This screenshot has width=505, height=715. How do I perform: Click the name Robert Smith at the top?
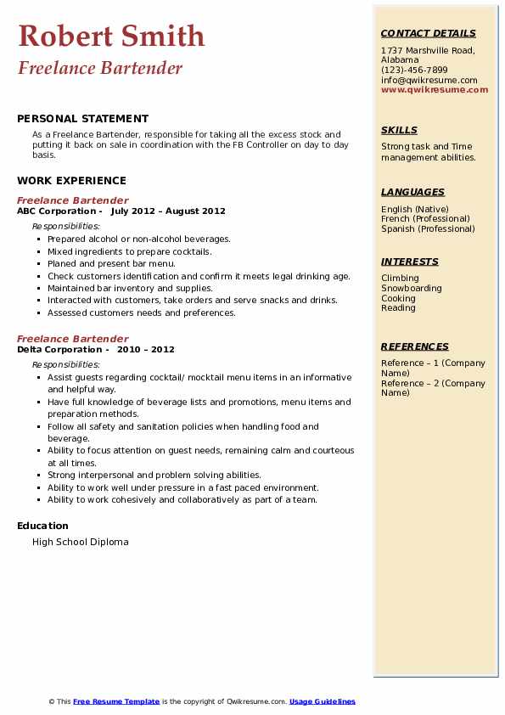click(111, 37)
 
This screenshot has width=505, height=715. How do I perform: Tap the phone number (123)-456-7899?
click(414, 70)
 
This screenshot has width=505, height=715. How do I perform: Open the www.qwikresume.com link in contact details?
click(435, 89)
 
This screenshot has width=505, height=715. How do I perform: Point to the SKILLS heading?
click(399, 130)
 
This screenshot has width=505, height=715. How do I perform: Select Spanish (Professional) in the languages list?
click(428, 228)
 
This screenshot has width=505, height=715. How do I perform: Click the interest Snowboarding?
click(411, 288)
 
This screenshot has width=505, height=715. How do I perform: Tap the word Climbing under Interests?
click(400, 278)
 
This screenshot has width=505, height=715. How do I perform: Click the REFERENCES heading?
click(415, 346)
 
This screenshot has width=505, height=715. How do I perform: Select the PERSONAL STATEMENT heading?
click(82, 119)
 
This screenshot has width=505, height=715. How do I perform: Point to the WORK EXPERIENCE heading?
click(71, 180)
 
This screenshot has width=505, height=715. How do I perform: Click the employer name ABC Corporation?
click(56, 211)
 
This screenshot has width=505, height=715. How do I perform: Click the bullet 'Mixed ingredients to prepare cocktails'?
click(129, 251)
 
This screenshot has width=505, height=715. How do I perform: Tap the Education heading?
click(42, 526)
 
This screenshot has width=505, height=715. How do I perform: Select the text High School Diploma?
click(81, 542)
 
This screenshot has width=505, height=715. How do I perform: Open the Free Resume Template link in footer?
click(116, 701)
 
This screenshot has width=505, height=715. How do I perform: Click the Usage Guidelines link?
click(322, 701)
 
